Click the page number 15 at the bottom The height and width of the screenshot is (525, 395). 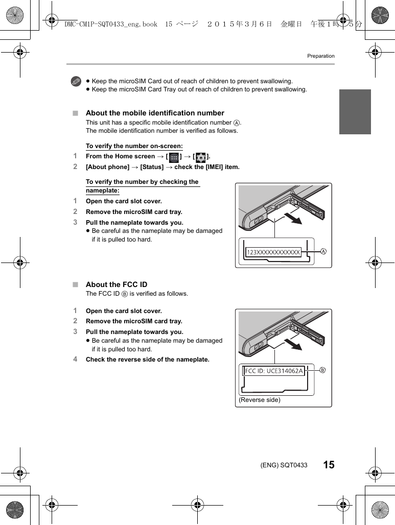(329, 465)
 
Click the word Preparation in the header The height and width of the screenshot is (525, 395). (320, 56)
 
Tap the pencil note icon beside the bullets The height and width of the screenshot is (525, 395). (76, 81)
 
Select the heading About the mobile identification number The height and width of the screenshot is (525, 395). (155, 113)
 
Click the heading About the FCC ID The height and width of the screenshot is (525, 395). (117, 284)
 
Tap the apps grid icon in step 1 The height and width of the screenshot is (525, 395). (174, 157)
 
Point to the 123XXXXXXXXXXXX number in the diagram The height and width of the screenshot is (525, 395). (273, 252)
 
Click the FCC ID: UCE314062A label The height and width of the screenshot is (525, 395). (274, 371)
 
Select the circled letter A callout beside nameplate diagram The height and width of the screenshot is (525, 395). (323, 252)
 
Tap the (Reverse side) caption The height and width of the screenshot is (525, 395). (260, 400)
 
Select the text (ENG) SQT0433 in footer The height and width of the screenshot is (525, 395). (284, 465)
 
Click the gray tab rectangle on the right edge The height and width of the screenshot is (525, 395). (355, 112)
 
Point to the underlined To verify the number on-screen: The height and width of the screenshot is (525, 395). (134, 146)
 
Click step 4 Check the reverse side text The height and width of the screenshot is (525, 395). (147, 360)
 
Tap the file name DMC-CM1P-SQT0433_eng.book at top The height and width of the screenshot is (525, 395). (111, 24)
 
